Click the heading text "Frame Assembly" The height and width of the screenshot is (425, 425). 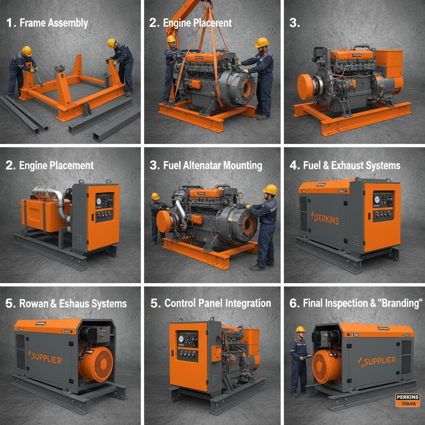[54, 23]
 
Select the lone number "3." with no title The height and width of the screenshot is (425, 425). [294, 23]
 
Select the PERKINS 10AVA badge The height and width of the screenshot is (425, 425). [408, 400]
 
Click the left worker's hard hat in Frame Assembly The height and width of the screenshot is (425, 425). [27, 50]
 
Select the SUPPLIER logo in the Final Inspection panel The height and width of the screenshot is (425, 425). [376, 361]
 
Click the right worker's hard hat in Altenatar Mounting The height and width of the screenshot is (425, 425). [270, 189]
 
